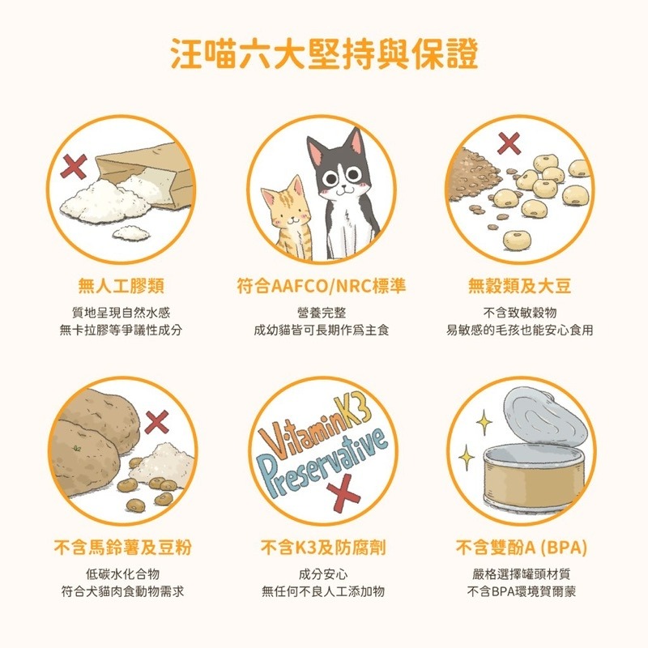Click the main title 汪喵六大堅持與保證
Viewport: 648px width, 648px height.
(x=324, y=53)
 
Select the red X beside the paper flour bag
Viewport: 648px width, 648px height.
(x=75, y=168)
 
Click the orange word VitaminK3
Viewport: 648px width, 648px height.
(x=318, y=427)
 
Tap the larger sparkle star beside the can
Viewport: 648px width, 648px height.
(x=484, y=420)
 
